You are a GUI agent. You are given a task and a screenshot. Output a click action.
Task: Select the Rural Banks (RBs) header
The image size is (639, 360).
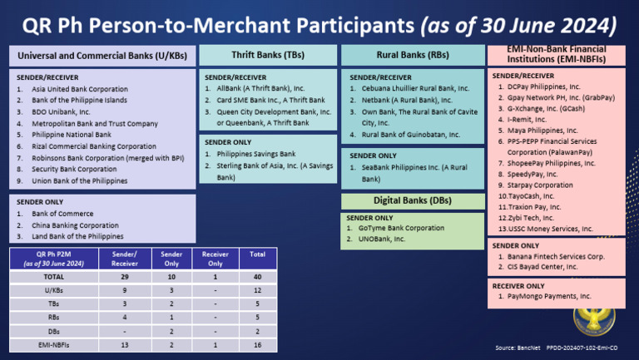click(x=413, y=55)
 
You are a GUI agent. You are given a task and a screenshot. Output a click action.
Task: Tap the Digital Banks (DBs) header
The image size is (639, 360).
click(x=413, y=201)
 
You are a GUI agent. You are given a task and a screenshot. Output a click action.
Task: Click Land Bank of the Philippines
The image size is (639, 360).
click(x=77, y=236)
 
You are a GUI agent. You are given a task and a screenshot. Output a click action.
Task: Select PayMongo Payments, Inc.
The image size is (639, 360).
click(x=549, y=295)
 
